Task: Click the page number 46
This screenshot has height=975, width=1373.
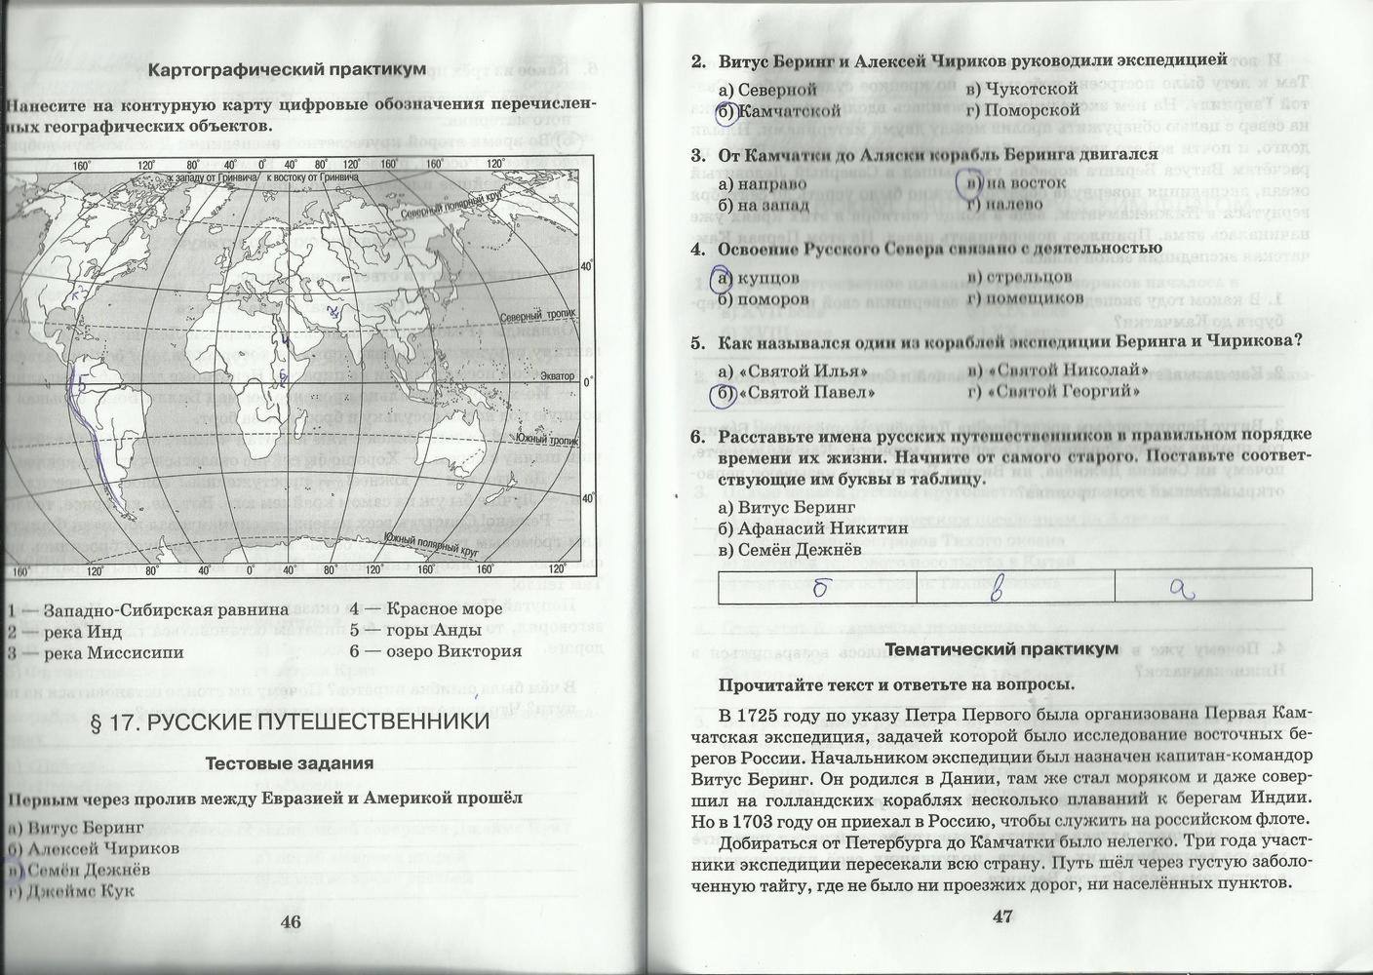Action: coord(291,922)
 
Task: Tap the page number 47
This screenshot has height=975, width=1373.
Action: coord(1003,916)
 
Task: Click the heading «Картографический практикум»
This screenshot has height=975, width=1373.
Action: coord(287,69)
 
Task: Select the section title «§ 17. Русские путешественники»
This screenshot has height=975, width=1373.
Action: coord(290,721)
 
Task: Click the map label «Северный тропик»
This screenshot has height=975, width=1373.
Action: coord(534,316)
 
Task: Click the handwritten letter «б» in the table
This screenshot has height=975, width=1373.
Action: coord(820,587)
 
